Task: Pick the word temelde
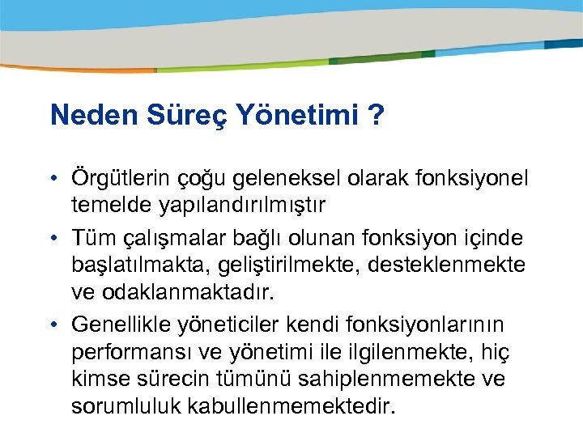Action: click(x=103, y=206)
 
